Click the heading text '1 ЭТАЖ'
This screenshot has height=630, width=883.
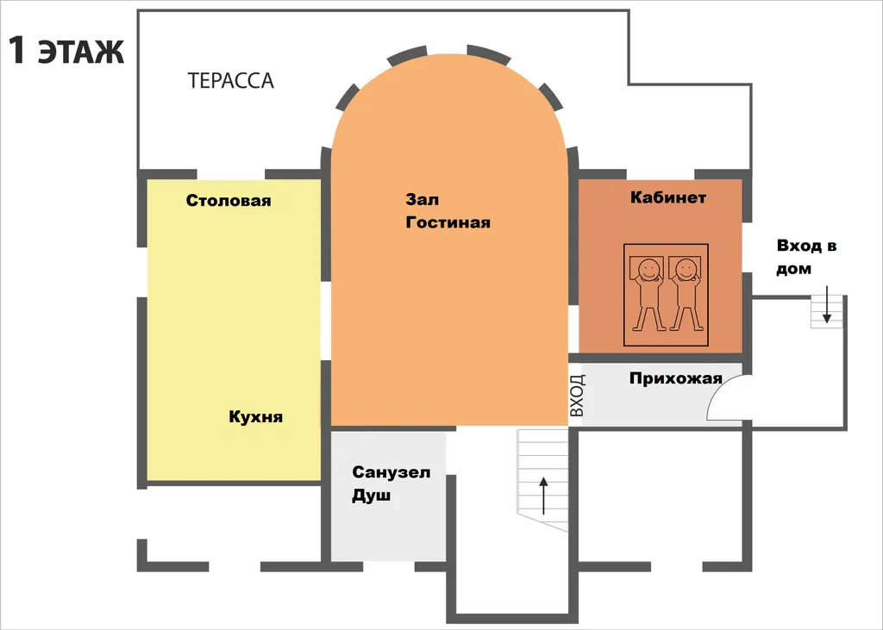[66, 51]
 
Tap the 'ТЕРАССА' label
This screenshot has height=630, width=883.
[230, 81]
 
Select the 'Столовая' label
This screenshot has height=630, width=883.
[229, 201]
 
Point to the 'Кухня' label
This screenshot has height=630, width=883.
[255, 417]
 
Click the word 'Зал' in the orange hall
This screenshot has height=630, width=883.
[423, 199]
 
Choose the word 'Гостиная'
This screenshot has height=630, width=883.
[448, 222]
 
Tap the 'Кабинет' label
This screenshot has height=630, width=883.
[668, 197]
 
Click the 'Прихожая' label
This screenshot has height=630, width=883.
[676, 378]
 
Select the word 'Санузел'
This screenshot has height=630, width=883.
[391, 471]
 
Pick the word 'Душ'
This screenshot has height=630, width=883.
[371, 496]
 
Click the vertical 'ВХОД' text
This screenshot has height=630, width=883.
[577, 396]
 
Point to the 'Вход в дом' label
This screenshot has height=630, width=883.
[806, 258]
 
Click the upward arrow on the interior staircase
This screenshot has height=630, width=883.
[543, 496]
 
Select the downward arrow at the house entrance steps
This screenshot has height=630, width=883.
[826, 304]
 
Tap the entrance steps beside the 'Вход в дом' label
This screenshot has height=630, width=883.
[827, 312]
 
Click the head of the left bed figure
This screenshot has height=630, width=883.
[648, 269]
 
